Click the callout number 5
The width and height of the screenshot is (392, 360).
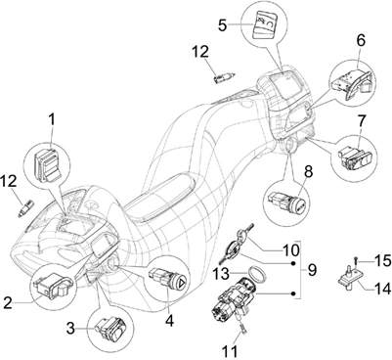pos(223,25)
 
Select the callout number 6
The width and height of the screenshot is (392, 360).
pos(361,41)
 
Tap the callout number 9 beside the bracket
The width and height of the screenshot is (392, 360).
pos(312,270)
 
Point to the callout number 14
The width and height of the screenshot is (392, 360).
pos(381,289)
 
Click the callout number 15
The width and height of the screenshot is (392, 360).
pos(382,261)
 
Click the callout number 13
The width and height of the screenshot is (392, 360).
pos(221,274)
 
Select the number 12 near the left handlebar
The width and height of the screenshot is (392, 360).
pos(9,182)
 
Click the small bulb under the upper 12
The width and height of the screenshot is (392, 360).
pos(224,78)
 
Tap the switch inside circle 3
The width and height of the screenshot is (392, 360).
pos(111,327)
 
